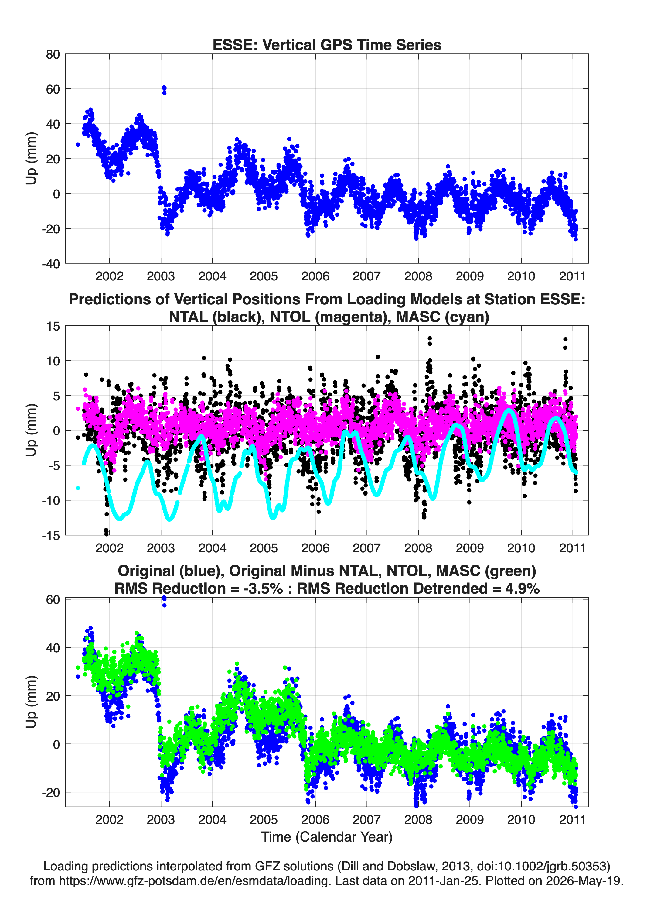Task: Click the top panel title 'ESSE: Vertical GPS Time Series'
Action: point(327,45)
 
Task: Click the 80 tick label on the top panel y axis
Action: point(53,54)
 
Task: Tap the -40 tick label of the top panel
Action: point(51,264)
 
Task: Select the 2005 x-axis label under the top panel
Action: point(264,276)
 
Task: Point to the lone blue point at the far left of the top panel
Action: point(78,145)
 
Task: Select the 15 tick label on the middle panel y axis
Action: point(53,326)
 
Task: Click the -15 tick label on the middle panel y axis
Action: point(51,535)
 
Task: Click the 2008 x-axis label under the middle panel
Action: point(418,548)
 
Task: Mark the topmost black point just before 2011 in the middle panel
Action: point(565,339)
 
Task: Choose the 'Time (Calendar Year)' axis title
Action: point(327,836)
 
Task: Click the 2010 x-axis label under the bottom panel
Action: point(521,820)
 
